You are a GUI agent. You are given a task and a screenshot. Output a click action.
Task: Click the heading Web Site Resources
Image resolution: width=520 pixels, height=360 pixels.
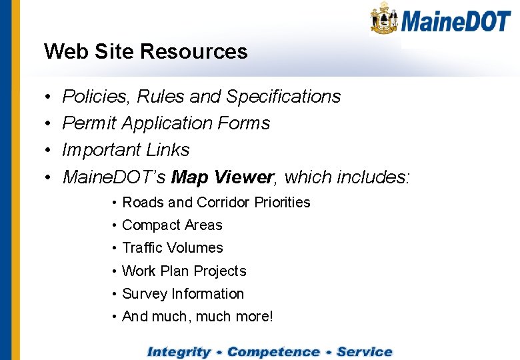[x=145, y=51]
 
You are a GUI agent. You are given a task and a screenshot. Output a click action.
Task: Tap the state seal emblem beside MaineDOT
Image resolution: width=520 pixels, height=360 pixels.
[x=385, y=18]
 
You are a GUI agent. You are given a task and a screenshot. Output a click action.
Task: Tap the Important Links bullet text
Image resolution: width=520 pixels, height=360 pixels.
[x=125, y=150]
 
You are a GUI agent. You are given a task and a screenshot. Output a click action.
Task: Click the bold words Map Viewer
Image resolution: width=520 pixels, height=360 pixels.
[x=222, y=177]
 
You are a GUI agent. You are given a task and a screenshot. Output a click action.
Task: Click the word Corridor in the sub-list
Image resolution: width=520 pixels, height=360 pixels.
[x=209, y=202]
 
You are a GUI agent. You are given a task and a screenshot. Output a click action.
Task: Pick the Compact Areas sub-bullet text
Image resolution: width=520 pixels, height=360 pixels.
[x=172, y=225]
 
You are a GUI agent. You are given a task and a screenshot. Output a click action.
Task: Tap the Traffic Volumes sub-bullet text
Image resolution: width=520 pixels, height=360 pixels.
[x=172, y=248]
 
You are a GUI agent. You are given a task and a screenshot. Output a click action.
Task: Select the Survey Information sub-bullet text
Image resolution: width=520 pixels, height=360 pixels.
[x=183, y=294]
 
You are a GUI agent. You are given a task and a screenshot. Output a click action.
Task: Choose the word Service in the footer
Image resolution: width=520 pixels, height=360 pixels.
[x=365, y=351]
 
